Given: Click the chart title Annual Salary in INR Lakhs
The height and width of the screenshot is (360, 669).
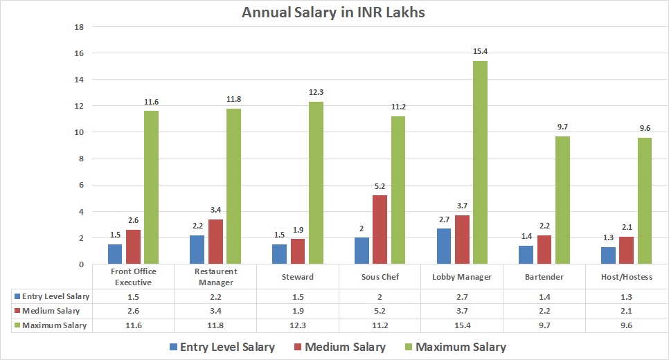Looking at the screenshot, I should (334, 12).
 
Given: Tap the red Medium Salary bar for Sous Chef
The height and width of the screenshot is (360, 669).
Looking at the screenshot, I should (380, 229).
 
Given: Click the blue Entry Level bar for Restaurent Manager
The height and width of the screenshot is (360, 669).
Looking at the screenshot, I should (197, 249).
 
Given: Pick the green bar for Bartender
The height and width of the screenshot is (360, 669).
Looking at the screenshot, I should (562, 200).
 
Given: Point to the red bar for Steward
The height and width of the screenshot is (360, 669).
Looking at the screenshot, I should (297, 251).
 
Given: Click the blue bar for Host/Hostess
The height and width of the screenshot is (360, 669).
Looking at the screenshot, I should (608, 255).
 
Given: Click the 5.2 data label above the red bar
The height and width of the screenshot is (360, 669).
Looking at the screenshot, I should (380, 187).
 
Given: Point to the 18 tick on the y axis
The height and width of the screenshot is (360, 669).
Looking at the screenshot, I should (79, 27).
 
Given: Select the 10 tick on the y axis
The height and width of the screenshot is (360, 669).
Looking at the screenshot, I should (79, 132).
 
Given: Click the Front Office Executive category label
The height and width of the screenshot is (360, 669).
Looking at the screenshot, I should (132, 276).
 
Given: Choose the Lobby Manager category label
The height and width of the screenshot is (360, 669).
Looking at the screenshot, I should (462, 276).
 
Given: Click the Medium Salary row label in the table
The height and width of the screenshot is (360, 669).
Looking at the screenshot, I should (50, 311).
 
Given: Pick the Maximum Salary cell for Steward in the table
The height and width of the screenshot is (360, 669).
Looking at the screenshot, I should (297, 325).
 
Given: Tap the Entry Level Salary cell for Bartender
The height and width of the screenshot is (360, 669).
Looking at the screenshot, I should (544, 296).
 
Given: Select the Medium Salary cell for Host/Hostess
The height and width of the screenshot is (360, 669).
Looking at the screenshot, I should (627, 311).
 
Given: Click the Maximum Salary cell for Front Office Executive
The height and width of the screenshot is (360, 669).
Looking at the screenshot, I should (132, 325).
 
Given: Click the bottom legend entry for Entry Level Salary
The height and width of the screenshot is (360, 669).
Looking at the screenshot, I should (221, 347).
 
